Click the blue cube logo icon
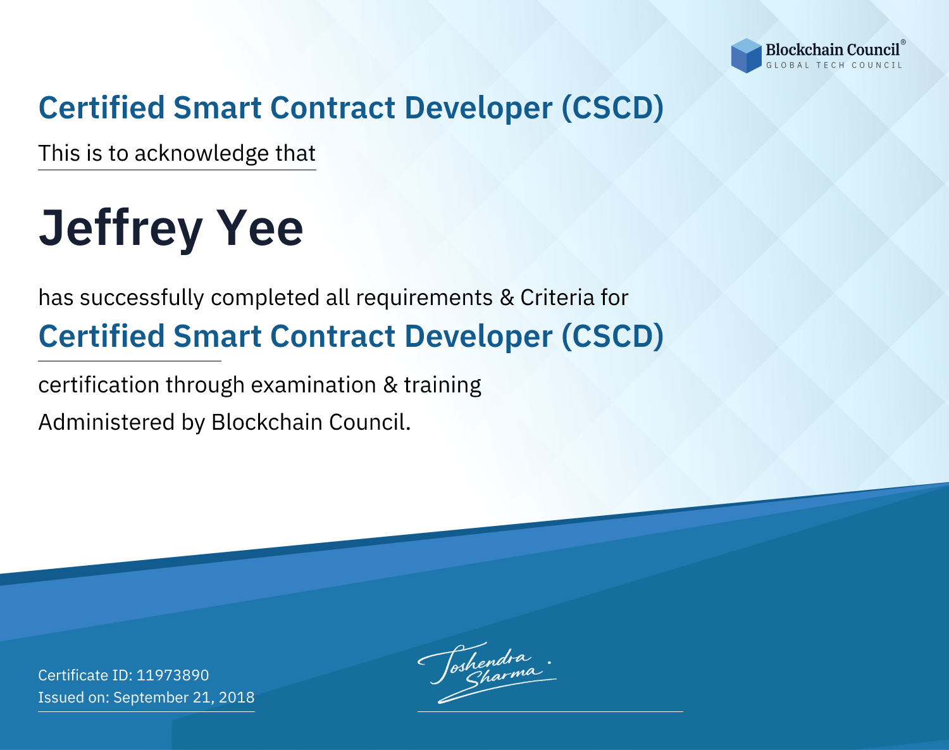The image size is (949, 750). click(x=746, y=56)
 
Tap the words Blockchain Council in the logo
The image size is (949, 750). click(x=833, y=50)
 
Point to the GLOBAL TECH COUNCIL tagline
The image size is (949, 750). click(x=834, y=65)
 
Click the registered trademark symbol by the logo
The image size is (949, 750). click(x=903, y=42)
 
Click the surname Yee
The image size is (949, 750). click(x=260, y=228)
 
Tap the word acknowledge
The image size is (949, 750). click(x=202, y=154)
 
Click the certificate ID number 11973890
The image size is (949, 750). click(x=173, y=675)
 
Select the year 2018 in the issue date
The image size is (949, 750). click(x=237, y=697)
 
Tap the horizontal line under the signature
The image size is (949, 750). click(x=550, y=711)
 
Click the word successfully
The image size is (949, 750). click(x=142, y=298)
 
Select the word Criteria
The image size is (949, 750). click(x=557, y=297)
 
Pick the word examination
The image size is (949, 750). click(x=314, y=385)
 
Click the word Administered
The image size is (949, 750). click(x=106, y=422)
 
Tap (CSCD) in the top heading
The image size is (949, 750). click(x=612, y=108)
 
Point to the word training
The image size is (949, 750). click(x=442, y=385)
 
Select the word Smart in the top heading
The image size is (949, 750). click(x=218, y=108)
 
